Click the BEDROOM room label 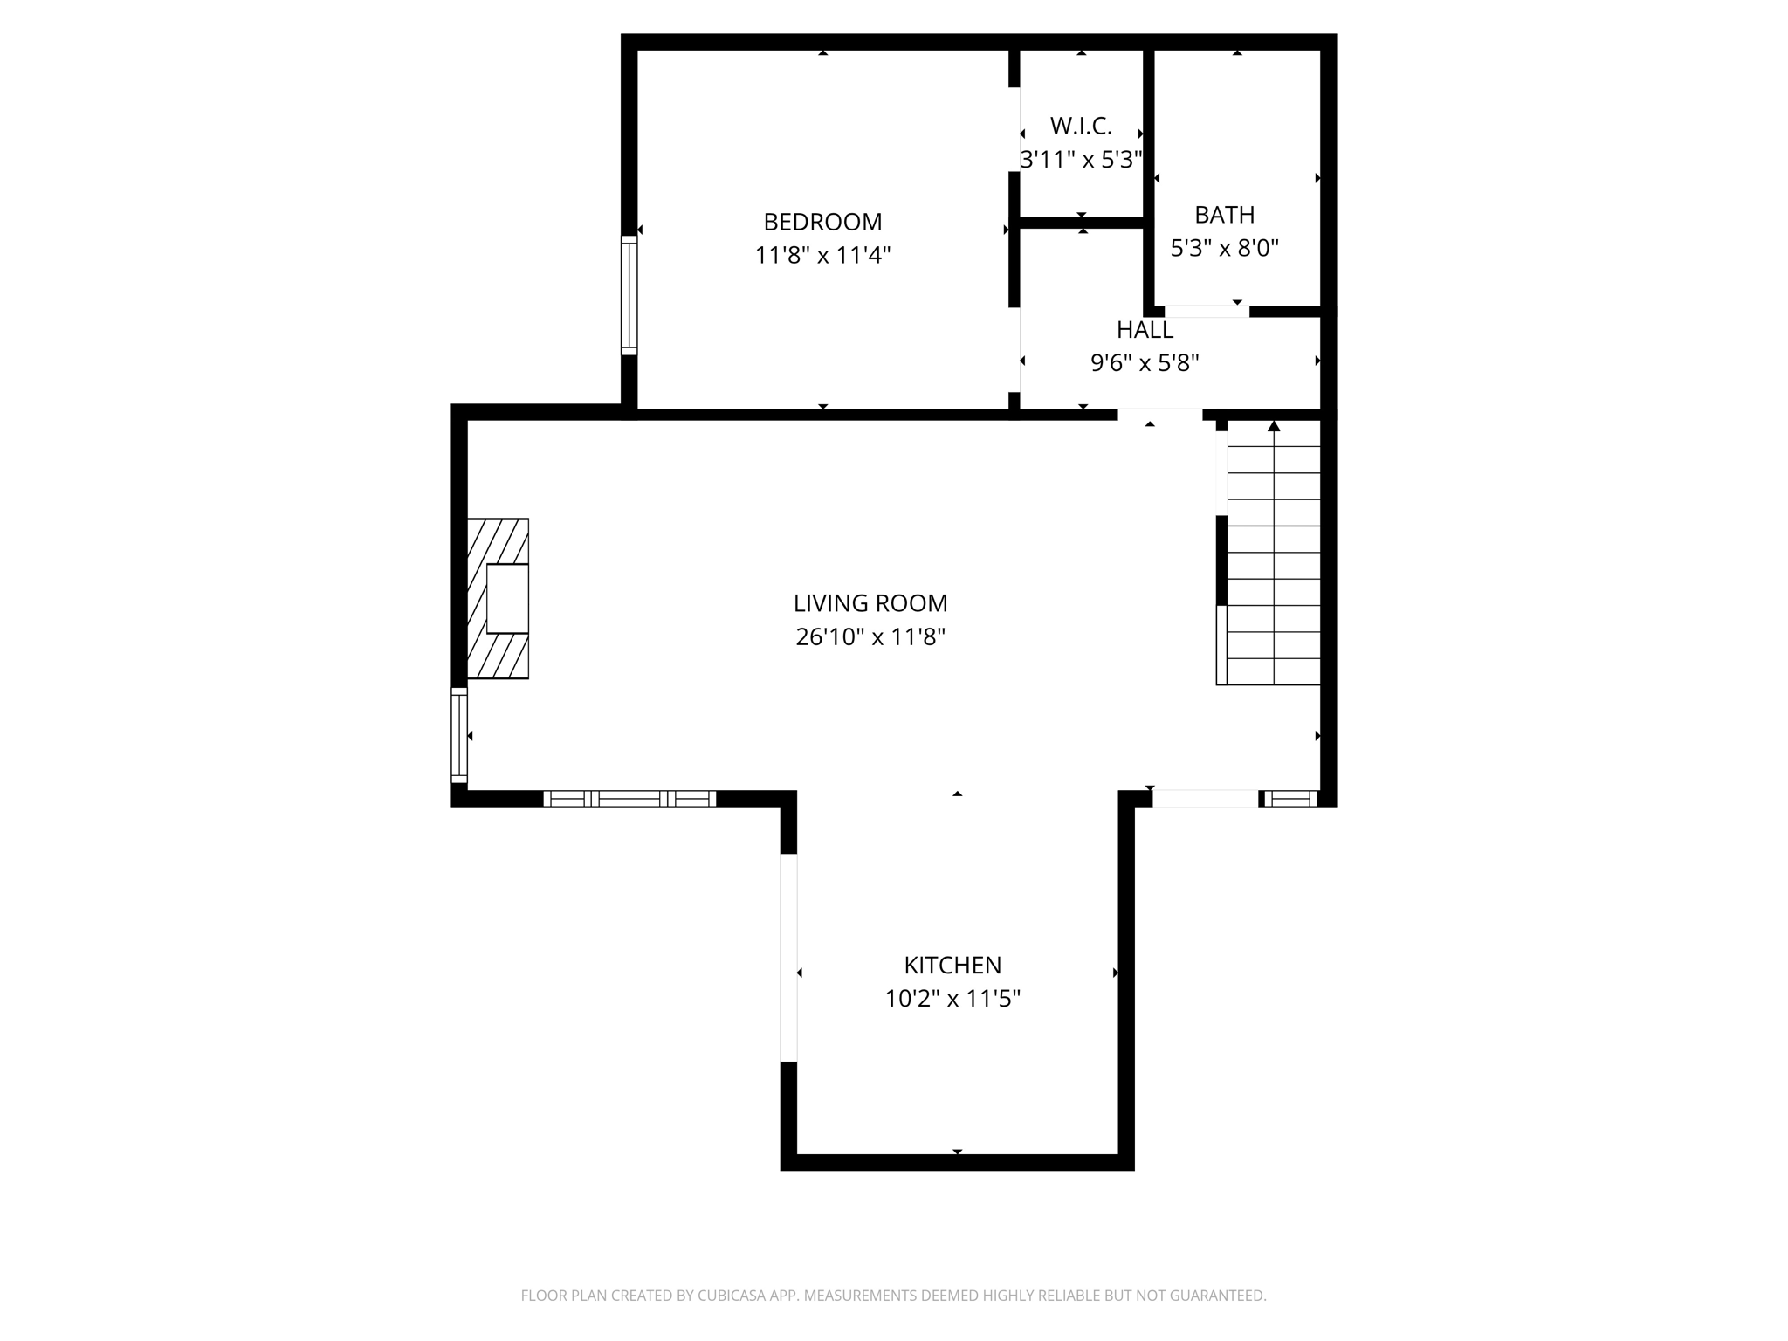(x=822, y=222)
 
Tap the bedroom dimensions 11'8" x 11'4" (x=822, y=256)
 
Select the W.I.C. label (x=1081, y=127)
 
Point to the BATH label (x=1224, y=215)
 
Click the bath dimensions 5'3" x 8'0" (x=1224, y=249)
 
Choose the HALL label (x=1145, y=330)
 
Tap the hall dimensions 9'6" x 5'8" (x=1145, y=363)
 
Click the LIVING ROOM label (x=870, y=603)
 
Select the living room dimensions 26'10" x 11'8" (x=870, y=637)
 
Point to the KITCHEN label (x=952, y=966)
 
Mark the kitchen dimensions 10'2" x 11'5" (x=952, y=999)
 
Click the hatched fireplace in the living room (x=498, y=599)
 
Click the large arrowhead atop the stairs (x=1274, y=426)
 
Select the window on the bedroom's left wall (x=629, y=295)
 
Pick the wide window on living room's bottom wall (x=629, y=798)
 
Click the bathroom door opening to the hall (x=1207, y=312)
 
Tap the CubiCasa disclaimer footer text (x=893, y=1296)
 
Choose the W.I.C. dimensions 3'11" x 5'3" (x=1081, y=160)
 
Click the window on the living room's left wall (x=458, y=735)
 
